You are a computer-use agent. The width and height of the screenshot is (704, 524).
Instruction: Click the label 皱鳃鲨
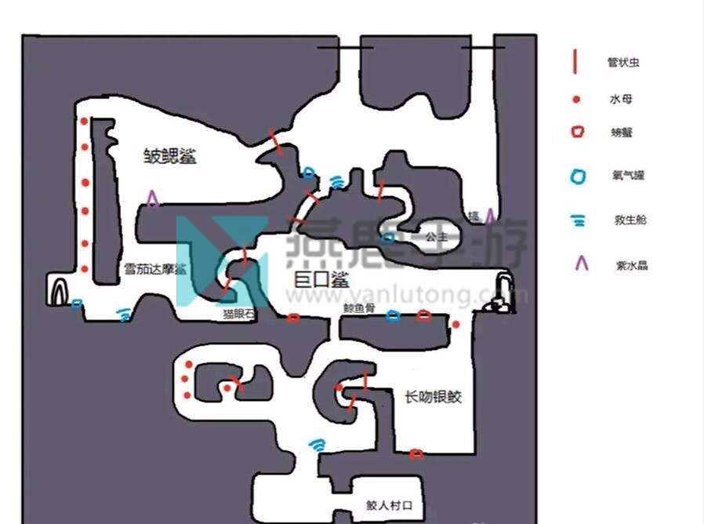pyautogui.click(x=169, y=155)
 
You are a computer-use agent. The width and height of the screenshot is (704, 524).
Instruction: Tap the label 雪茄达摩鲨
pyautogui.click(x=154, y=269)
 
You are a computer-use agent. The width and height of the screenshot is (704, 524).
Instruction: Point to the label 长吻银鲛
pyautogui.click(x=433, y=397)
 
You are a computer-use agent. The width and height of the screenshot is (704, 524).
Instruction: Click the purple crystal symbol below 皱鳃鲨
pyautogui.click(x=152, y=199)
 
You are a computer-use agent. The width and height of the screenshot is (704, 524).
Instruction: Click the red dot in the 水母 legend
pyautogui.click(x=577, y=100)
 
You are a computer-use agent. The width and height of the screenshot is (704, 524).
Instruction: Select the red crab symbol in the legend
pyautogui.click(x=578, y=132)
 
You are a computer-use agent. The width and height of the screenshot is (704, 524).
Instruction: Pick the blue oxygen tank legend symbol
pyautogui.click(x=578, y=176)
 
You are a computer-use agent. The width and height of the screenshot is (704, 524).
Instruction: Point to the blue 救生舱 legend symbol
pyautogui.click(x=579, y=220)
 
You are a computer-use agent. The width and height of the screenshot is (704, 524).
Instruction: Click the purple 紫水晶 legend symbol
pyautogui.click(x=581, y=264)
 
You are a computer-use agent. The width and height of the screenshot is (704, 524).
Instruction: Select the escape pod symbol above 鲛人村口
pyautogui.click(x=318, y=446)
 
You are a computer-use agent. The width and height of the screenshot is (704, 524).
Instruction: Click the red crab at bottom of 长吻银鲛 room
pyautogui.click(x=416, y=453)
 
